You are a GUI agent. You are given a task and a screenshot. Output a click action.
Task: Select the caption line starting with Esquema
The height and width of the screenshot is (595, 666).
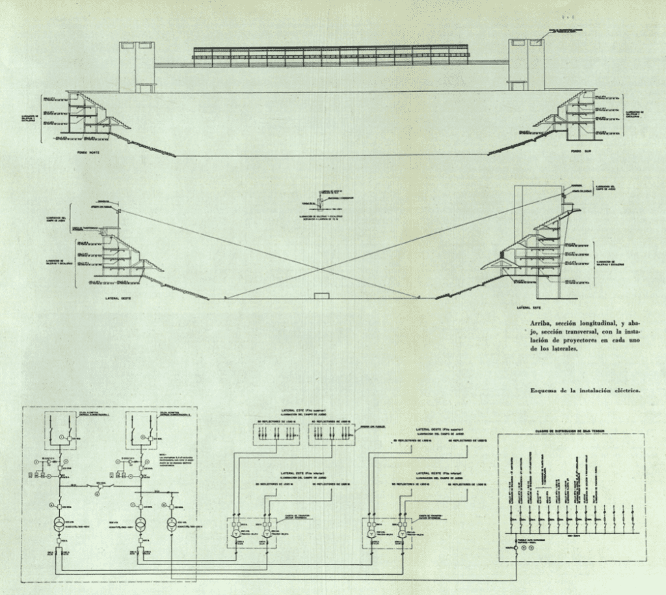pyautogui.click(x=585, y=391)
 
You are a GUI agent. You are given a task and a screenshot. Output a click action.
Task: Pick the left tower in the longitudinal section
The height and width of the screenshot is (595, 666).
pyautogui.click(x=137, y=66)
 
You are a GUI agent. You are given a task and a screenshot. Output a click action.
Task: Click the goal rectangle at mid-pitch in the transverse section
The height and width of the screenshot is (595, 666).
pyautogui.click(x=322, y=296)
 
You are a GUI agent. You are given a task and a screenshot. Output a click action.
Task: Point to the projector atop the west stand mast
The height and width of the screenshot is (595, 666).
pyautogui.click(x=119, y=209)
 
